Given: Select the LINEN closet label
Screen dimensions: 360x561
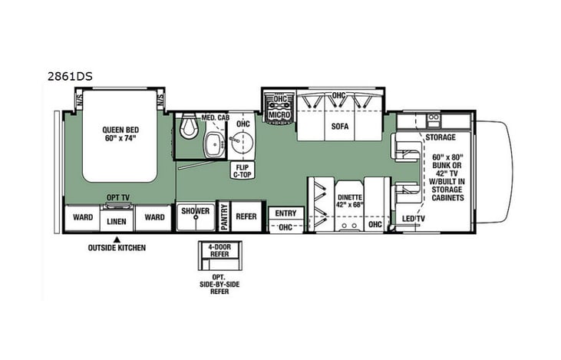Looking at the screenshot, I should (x=116, y=221).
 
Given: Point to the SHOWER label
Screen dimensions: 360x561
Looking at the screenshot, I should (x=195, y=211).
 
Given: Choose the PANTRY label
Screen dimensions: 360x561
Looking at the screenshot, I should (x=225, y=216).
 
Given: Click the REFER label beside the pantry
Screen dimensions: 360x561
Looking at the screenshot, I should (x=246, y=216).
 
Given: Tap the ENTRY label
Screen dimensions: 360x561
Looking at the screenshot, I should (x=285, y=213).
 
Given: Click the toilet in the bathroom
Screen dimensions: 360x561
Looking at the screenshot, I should (x=186, y=130).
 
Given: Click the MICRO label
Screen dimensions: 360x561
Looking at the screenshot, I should (x=278, y=115).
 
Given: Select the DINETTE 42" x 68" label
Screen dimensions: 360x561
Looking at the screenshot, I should (x=350, y=201).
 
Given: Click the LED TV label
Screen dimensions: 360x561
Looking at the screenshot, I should (x=414, y=220).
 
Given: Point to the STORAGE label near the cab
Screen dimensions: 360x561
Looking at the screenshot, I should (x=441, y=137).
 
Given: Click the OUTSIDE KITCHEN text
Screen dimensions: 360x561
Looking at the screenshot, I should (x=116, y=247).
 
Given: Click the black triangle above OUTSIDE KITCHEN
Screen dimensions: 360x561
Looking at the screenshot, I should (x=116, y=238).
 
